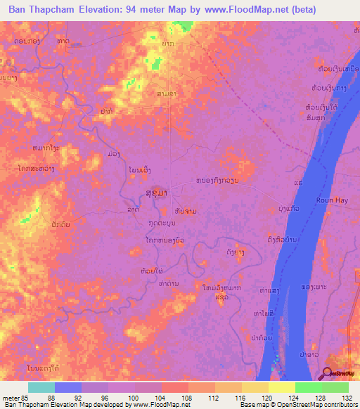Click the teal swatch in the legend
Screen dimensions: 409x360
(41, 387)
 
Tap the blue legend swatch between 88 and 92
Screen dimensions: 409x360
(68, 387)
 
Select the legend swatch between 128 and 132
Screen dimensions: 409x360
(335, 387)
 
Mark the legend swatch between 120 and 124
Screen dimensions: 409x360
(282, 387)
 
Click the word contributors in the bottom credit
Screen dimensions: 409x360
(338, 405)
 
